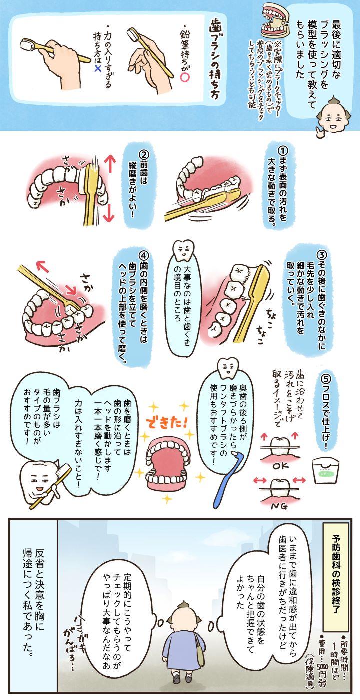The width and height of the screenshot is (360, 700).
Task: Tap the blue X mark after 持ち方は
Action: [x=98, y=69]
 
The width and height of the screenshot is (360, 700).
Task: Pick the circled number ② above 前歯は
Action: [x=144, y=156]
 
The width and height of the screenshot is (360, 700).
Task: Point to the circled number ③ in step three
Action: [x=321, y=254]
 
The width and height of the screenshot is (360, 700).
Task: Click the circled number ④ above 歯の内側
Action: [x=144, y=255]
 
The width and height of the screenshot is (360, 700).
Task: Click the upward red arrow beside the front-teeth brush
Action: [x=109, y=165]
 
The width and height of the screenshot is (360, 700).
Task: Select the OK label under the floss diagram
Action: [x=280, y=466]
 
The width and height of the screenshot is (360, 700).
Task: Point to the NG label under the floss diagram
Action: [x=279, y=506]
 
